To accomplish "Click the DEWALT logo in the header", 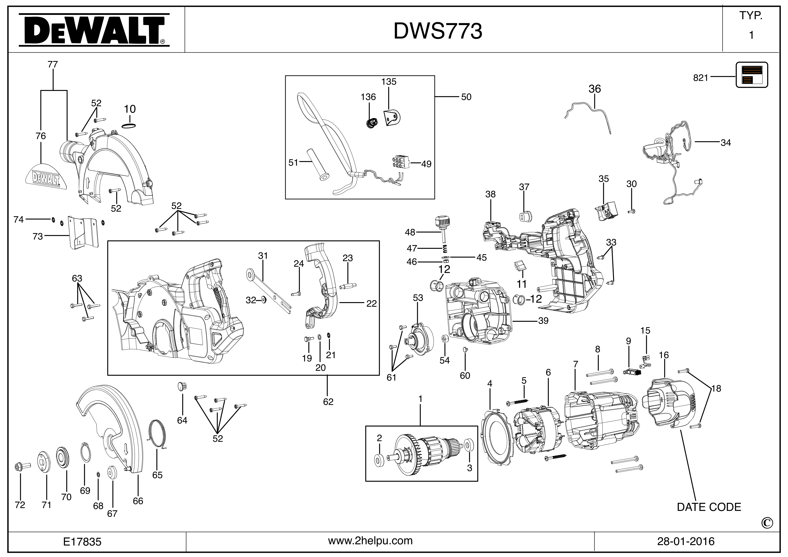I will [x=94, y=30].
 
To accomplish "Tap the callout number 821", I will [x=700, y=78].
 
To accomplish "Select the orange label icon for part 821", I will [x=752, y=75].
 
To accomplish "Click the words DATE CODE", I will [x=709, y=507].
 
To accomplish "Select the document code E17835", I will [x=82, y=542].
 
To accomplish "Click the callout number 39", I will [x=543, y=321].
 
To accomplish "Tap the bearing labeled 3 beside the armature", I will [x=468, y=445].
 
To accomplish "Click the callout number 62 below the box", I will [x=328, y=402].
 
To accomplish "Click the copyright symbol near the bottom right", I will [x=767, y=523].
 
